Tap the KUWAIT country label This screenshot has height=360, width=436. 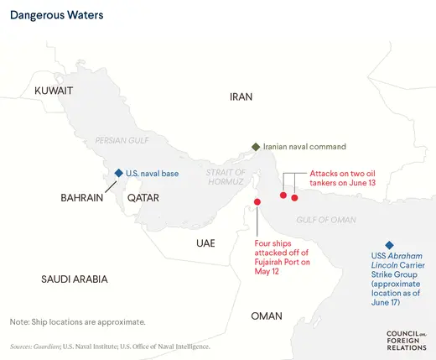(54, 90)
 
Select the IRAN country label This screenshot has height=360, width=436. (241, 97)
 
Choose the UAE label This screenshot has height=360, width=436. (205, 243)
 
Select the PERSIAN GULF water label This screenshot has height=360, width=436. (122, 140)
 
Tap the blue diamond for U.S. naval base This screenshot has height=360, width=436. (119, 173)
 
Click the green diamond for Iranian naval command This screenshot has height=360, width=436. (256, 146)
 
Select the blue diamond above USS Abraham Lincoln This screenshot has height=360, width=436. (389, 244)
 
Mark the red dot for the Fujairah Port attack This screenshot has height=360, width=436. (257, 201)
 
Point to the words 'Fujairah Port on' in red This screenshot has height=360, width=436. (283, 262)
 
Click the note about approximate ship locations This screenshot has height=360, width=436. (78, 322)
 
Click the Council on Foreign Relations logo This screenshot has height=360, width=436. (406, 339)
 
